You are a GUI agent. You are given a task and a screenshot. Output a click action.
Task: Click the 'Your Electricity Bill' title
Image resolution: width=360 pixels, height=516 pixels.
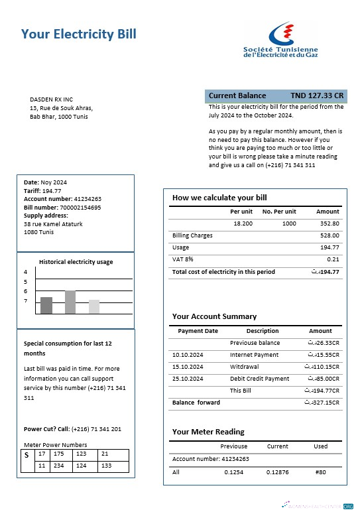(79, 34)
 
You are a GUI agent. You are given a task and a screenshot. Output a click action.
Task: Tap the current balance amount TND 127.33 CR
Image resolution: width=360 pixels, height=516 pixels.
(317, 96)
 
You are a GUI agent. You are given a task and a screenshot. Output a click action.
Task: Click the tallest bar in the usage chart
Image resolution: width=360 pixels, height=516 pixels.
(70, 302)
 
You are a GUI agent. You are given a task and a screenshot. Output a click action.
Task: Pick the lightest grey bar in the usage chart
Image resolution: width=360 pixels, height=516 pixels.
(94, 306)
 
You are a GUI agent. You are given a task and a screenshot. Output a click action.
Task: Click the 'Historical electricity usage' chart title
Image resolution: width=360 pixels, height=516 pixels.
(76, 262)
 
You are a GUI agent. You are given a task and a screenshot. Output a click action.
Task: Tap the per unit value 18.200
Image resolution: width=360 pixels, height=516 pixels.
(243, 224)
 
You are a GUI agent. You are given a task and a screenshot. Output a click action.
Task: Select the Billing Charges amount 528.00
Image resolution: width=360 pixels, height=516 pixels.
(330, 235)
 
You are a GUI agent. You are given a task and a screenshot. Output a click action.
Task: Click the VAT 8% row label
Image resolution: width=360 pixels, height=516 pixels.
(182, 259)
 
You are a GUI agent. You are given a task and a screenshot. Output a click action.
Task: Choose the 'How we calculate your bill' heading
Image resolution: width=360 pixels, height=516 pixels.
(219, 198)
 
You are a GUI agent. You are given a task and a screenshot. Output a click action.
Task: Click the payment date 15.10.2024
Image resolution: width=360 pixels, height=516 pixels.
(186, 367)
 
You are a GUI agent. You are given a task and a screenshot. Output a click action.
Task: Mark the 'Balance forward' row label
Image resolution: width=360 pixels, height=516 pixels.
(191, 403)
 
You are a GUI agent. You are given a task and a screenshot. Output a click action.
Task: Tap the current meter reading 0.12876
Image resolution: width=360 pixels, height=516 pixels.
(277, 472)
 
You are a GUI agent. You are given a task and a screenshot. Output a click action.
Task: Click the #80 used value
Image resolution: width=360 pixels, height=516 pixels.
(321, 472)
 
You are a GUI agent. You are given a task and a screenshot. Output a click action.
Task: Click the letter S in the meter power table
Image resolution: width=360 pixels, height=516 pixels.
(27, 455)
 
